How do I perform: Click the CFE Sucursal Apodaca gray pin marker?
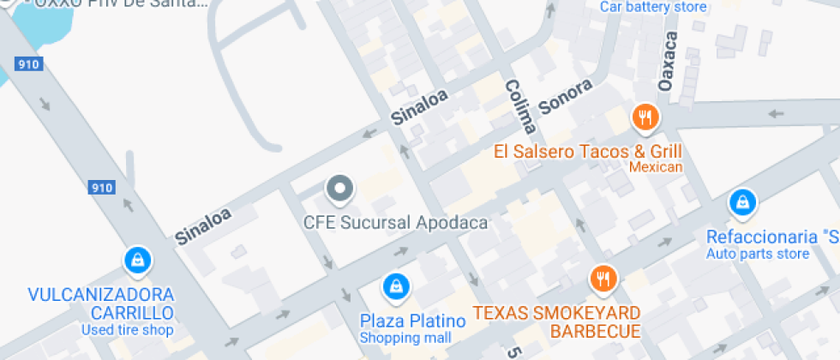[340, 189]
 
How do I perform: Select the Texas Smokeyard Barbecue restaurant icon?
[603, 278]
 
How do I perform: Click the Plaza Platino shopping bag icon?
[395, 285]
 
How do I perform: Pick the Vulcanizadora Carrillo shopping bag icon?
[137, 259]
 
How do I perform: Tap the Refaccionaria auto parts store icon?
[742, 202]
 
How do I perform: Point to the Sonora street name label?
[566, 97]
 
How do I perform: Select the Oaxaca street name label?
[668, 62]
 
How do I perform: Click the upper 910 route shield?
[27, 63]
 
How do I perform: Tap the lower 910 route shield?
[101, 187]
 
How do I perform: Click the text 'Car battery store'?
[653, 8]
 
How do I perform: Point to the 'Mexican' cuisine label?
[656, 167]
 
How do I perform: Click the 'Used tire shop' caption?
[128, 330]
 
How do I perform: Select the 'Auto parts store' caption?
[758, 254]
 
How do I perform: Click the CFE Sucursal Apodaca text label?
[395, 223]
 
